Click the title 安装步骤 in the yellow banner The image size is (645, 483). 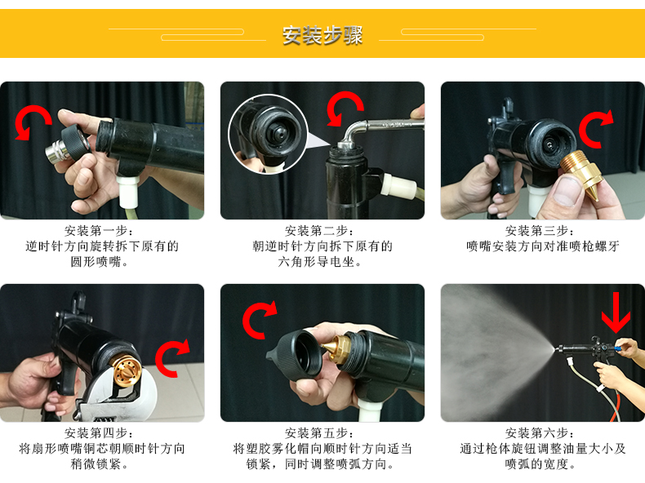point(322,35)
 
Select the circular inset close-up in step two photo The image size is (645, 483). point(268,134)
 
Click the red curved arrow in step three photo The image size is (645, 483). point(597,128)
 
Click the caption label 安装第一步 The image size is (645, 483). point(101,231)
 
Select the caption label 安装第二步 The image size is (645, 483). point(322,231)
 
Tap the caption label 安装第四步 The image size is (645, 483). point(101,433)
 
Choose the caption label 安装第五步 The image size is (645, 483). point(322,433)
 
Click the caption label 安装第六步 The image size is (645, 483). point(542,433)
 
